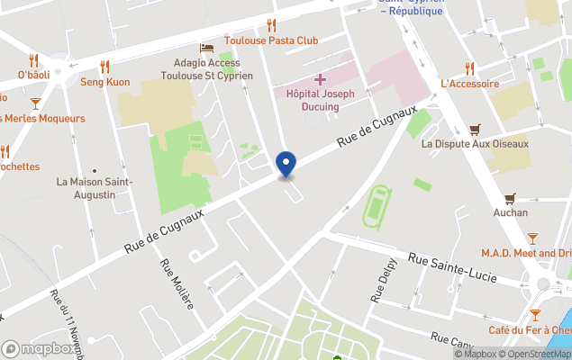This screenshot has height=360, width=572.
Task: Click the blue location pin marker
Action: pyautogui.click(x=286, y=164)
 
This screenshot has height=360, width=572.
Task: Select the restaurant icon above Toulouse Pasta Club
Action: pyautogui.click(x=271, y=25)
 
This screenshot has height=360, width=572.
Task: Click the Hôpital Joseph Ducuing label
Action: pyautogui.click(x=319, y=100)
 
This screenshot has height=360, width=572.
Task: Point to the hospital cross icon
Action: pyautogui.click(x=320, y=80)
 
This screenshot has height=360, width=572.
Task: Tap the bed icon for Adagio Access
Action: pyautogui.click(x=206, y=48)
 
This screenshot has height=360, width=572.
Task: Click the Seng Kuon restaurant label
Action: pyautogui.click(x=105, y=82)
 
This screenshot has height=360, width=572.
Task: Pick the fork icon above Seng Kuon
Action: pyautogui.click(x=104, y=66)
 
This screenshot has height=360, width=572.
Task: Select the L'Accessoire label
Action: pyautogui.click(x=469, y=84)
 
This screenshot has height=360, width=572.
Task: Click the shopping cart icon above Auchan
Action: pyautogui.click(x=510, y=198)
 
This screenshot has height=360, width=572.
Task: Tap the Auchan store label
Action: pyautogui.click(x=511, y=213)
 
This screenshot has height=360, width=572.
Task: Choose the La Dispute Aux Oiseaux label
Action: pyautogui.click(x=475, y=144)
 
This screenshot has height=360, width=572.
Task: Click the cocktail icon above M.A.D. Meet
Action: pyautogui.click(x=532, y=238)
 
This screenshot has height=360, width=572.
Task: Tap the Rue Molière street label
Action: pyautogui.click(x=176, y=283)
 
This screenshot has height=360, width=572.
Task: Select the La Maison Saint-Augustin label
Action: pyautogui.click(x=95, y=188)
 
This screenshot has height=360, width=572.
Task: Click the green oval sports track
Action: pyautogui.click(x=377, y=206)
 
